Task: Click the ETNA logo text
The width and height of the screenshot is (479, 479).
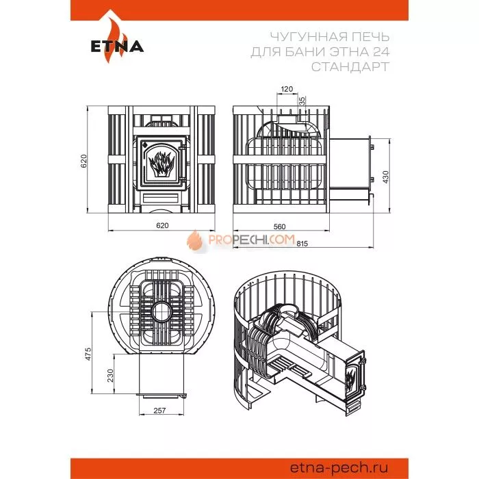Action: tap(117, 47)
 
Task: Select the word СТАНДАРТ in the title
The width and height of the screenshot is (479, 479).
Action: tap(350, 66)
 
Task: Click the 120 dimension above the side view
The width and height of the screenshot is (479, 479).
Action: tap(287, 89)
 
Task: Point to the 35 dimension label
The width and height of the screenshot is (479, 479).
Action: tap(302, 101)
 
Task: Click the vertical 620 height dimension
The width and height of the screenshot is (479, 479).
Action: tap(83, 161)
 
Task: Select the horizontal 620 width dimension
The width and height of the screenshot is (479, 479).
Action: tap(162, 225)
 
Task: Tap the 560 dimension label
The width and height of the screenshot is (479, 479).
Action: tap(279, 226)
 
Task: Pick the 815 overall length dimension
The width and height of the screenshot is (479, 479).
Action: tap(302, 244)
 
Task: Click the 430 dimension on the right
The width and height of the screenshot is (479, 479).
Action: tap(385, 177)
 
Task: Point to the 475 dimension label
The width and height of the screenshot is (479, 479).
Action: tap(88, 354)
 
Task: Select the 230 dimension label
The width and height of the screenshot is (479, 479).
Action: tap(110, 375)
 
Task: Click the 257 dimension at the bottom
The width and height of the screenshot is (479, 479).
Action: tap(159, 411)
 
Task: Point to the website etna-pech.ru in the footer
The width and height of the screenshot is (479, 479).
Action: tap(339, 467)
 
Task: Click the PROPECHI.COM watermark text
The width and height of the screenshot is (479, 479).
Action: tap(252, 239)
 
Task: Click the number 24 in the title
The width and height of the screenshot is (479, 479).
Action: tap(381, 51)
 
